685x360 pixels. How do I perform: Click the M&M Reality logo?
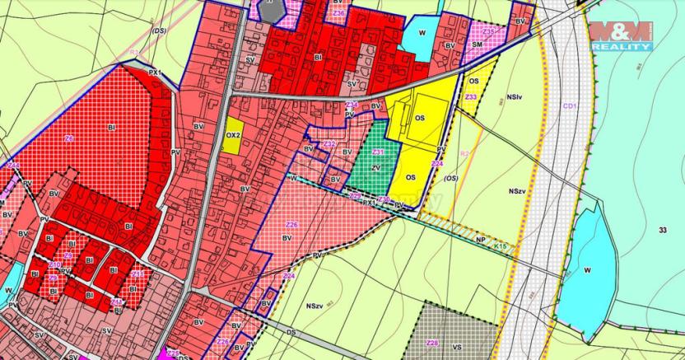(621, 36)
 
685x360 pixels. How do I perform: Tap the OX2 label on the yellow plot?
(232, 134)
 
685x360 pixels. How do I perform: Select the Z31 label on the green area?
(378, 152)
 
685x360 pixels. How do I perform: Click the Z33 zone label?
(470, 97)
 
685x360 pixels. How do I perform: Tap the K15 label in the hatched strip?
(500, 245)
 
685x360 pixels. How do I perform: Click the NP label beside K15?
(479, 240)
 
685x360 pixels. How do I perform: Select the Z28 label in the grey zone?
(432, 342)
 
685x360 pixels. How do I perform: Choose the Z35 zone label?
(489, 32)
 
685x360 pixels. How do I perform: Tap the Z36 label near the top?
(339, 13)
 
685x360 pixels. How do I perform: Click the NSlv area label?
(515, 97)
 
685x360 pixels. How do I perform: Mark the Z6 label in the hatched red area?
(69, 138)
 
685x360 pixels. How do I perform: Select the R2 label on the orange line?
(464, 153)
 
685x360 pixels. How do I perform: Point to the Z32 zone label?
(329, 144)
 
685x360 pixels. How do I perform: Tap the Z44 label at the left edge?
(13, 166)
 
